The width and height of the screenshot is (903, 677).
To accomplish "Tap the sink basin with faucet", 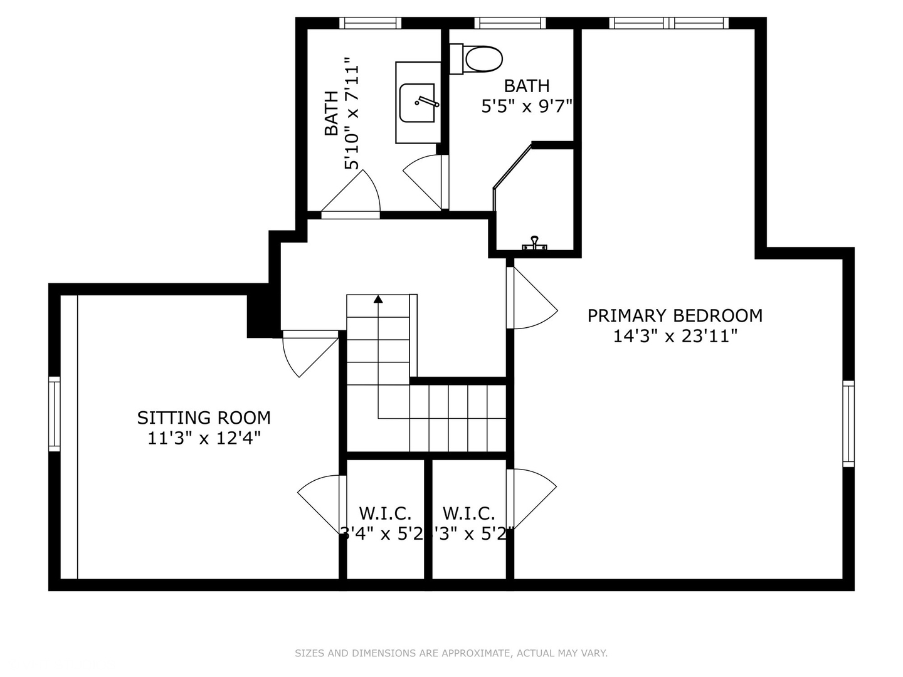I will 418,103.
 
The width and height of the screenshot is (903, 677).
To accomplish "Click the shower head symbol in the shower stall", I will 534,244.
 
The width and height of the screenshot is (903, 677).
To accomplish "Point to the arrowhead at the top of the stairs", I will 378,299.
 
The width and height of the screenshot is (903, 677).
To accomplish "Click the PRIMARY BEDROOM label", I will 675,315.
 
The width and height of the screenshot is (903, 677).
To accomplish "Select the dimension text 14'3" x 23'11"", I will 675,337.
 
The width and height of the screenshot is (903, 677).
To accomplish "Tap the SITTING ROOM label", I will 204,417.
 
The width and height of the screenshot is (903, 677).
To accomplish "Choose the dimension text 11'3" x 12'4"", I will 204,438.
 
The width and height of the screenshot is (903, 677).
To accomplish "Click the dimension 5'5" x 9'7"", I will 527,107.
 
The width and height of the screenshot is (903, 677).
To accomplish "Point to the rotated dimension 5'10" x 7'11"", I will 352,113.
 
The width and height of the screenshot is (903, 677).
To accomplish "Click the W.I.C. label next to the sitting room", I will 385,513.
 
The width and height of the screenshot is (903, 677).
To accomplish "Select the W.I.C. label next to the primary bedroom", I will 468,513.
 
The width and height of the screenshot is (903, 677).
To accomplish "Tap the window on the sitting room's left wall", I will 55,414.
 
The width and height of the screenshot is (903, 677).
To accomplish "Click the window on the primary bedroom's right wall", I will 848,424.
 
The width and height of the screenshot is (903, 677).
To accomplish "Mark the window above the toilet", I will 509,23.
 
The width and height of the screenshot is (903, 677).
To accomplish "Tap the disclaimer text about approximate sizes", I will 451,653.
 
